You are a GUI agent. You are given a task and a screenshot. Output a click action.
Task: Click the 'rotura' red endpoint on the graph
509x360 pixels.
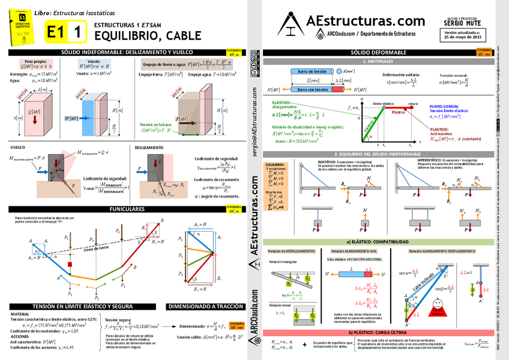412,107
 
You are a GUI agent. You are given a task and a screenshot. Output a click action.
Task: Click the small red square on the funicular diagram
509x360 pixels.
70,265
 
